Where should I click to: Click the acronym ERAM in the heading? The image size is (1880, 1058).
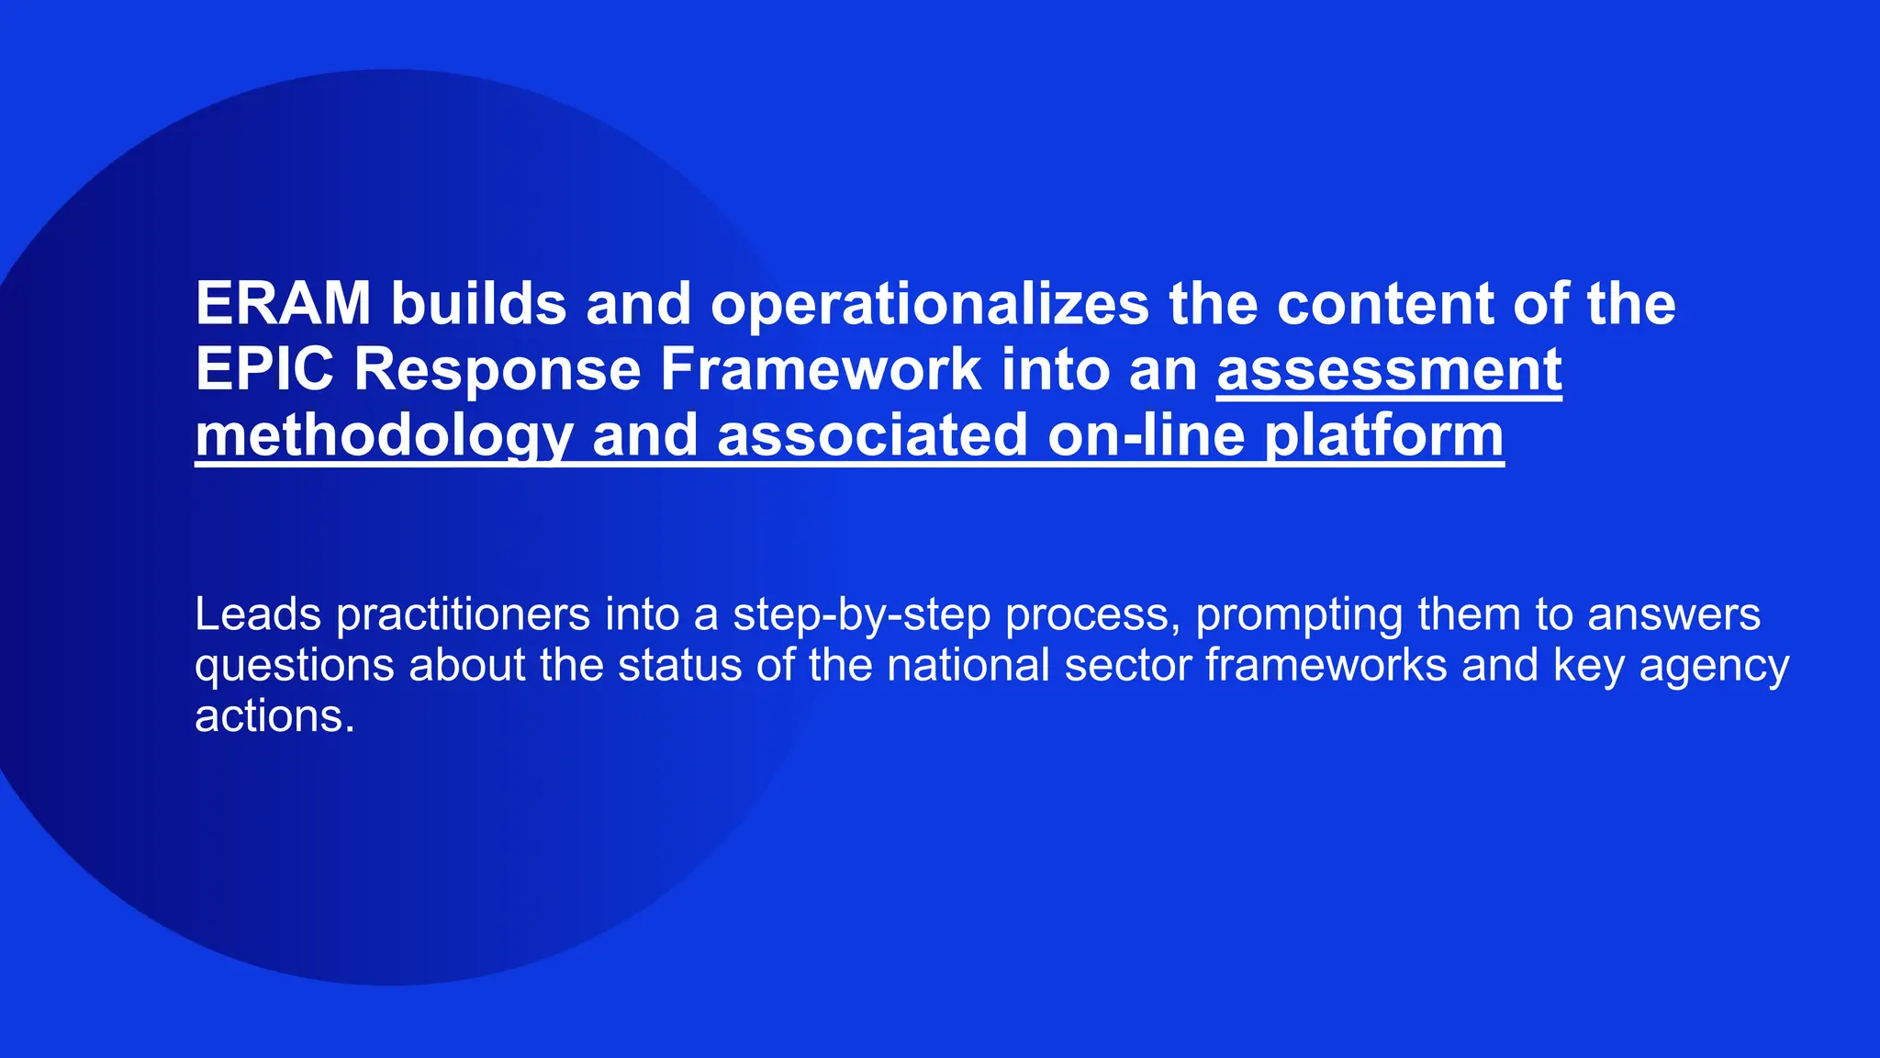pos(283,303)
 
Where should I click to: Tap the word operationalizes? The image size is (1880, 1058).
pos(929,305)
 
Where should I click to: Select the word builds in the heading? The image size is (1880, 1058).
pos(478,303)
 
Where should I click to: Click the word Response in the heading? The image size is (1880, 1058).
pos(497,371)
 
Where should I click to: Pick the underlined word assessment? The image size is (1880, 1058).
pos(1389,369)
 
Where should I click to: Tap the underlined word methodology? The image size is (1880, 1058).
pos(384,435)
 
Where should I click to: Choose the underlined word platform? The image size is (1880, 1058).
pos(1384,435)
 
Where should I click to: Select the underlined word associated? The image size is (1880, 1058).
pos(872,435)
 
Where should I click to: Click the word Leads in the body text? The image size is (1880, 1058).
pos(258,613)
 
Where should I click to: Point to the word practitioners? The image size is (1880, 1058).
pos(463,615)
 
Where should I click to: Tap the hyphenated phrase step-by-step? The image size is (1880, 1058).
pos(861,615)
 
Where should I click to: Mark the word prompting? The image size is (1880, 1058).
pos(1299,615)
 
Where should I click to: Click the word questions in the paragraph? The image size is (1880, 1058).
pos(295,666)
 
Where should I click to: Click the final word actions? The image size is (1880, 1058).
pos(274,715)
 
